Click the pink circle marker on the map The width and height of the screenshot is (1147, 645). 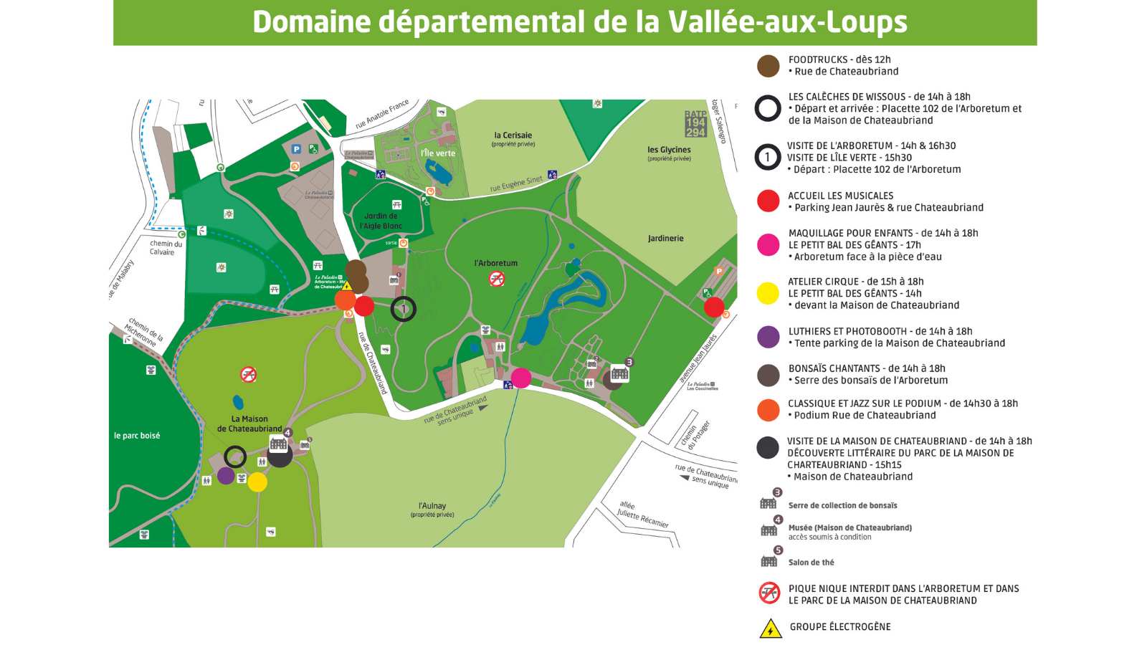click(521, 378)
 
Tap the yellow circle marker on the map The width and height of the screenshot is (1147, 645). click(257, 482)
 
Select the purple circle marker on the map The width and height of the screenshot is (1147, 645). click(226, 475)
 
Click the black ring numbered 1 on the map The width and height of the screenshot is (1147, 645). click(404, 309)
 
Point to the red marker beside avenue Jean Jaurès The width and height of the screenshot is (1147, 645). click(714, 307)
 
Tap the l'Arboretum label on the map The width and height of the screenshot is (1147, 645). click(495, 263)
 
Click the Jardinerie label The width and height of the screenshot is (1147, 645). click(665, 239)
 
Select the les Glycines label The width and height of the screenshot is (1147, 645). click(669, 150)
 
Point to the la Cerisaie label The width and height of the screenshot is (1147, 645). click(513, 135)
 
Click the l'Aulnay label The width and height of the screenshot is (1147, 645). click(432, 506)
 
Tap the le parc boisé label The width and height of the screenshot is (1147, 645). click(137, 436)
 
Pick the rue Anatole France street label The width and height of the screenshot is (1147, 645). click(382, 114)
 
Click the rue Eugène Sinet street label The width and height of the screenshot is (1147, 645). click(516, 183)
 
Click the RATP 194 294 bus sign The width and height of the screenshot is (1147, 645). click(695, 123)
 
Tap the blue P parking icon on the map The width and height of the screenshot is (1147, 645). click(296, 149)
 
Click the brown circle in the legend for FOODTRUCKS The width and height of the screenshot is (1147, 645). click(768, 66)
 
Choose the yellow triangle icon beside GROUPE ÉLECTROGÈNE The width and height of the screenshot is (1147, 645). click(770, 629)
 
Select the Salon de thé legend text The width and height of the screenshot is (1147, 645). click(811, 563)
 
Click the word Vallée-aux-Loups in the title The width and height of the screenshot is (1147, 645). click(787, 22)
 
